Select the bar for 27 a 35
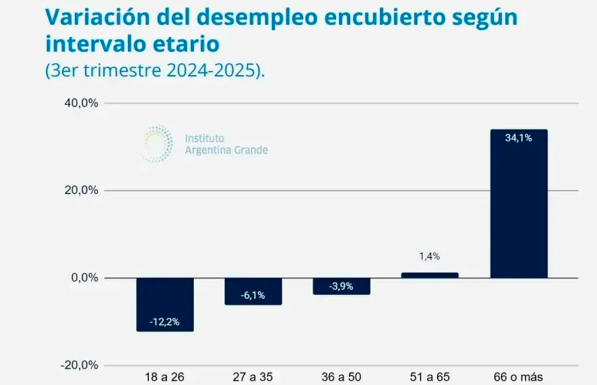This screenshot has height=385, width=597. point(254,291)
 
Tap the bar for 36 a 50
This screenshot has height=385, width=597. point(342,286)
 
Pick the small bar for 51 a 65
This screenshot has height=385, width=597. point(430,275)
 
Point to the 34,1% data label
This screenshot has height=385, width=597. point(519,138)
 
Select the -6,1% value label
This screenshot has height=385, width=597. point(254,296)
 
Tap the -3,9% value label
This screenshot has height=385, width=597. point(342,286)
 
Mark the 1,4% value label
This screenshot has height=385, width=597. point(430,256)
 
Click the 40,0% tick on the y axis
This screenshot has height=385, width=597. point(82,103)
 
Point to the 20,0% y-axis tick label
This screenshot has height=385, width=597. point(82,191)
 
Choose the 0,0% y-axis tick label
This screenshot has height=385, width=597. point(85,278)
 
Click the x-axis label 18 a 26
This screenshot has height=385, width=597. point(165,377)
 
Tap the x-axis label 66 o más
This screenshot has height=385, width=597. point(519,377)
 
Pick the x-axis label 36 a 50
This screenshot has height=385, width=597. point(342,377)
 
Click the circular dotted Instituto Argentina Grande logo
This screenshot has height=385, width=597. point(157,143)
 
